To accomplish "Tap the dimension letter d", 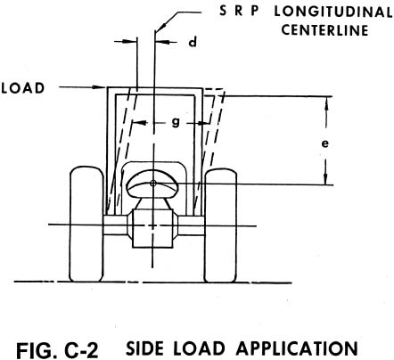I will [192, 41].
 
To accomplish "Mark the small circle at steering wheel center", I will [153, 184].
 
